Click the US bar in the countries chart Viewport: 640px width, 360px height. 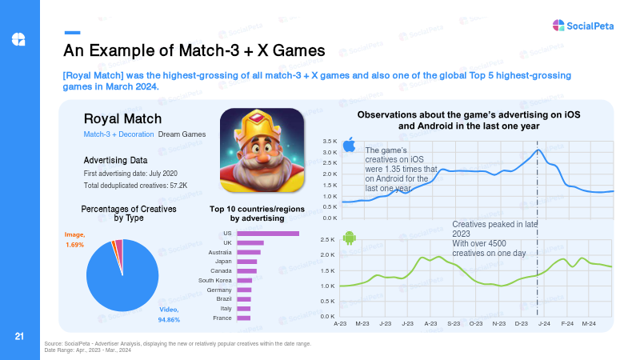(x=268, y=234)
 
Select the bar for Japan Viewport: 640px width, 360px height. (x=247, y=262)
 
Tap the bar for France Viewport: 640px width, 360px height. (x=244, y=318)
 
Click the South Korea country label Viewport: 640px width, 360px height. (x=214, y=281)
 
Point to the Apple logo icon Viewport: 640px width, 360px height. (x=349, y=145)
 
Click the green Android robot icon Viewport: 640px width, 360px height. (x=350, y=238)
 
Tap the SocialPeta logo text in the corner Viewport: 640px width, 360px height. (x=590, y=26)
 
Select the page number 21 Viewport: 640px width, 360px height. (x=19, y=336)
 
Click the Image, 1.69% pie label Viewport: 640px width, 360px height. (x=74, y=239)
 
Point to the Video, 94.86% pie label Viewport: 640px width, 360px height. (x=169, y=314)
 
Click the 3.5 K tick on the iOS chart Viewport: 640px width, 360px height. (x=330, y=142)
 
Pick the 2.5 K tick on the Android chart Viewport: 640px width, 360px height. (x=327, y=239)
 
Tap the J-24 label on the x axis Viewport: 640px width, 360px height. (x=544, y=324)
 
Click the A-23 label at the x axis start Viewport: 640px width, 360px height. (x=340, y=324)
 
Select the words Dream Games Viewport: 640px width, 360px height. (x=182, y=134)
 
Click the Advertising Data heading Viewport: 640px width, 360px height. (x=115, y=161)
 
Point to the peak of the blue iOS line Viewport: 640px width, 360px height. (x=538, y=150)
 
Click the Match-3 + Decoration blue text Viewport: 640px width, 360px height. (x=118, y=134)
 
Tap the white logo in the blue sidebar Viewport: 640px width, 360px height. (x=18, y=39)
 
